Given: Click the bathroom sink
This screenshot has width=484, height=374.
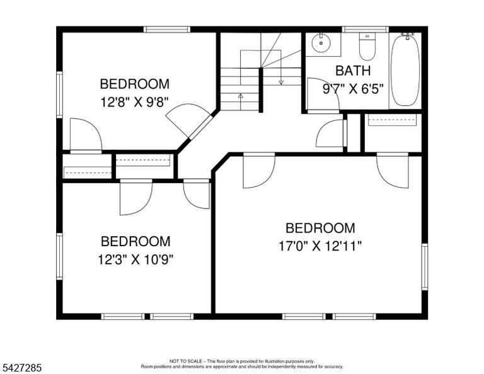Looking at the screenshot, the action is click(321, 43).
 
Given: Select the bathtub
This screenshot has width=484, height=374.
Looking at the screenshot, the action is click(405, 71).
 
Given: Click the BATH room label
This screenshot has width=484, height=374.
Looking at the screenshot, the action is click(353, 71).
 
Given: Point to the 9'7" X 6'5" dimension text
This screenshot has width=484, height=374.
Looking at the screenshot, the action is click(353, 89).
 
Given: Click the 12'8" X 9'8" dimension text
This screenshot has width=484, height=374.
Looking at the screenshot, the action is click(135, 102).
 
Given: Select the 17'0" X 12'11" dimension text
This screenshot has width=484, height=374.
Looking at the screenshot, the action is click(320, 246).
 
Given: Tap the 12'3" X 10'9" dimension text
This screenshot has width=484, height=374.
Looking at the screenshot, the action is click(135, 259).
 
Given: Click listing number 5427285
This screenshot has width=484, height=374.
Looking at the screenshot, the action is click(22, 368).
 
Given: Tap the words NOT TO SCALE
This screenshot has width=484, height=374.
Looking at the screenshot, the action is click(185, 361).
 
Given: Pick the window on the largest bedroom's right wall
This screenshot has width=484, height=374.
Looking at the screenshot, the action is click(425, 267).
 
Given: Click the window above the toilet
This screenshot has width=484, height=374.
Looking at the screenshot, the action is click(365, 30).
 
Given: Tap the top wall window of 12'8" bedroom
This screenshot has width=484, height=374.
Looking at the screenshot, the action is click(166, 30).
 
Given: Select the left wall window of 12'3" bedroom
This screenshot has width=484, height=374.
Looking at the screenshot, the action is click(59, 256).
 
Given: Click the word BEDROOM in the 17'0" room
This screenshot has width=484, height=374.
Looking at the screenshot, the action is click(320, 228).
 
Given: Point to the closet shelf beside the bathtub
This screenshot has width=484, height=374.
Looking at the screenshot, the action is click(393, 120).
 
